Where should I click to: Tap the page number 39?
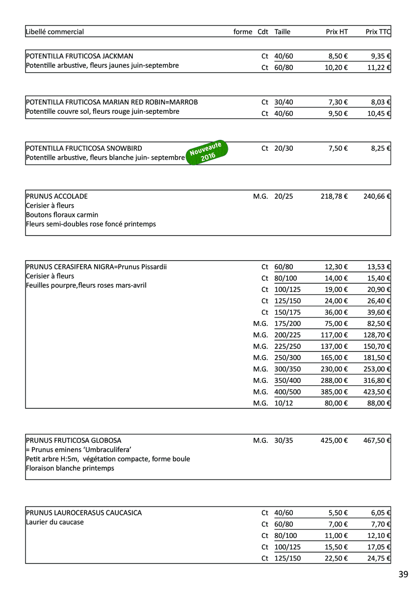[x=403, y=574]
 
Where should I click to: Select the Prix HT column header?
[x=337, y=32]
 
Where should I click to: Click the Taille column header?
[x=283, y=32]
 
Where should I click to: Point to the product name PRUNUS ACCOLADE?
[x=56, y=196]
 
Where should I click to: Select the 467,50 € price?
[x=377, y=441]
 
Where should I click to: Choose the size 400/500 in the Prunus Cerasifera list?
[x=288, y=392]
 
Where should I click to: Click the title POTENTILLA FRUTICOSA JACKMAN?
[x=79, y=56]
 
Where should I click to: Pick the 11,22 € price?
[x=379, y=68]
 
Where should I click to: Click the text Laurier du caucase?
[x=54, y=522]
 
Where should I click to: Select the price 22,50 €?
[x=336, y=559]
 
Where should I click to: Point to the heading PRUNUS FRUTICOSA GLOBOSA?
[x=74, y=441]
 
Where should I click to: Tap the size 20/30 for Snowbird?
[x=284, y=148]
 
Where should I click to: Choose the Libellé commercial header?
[x=55, y=32]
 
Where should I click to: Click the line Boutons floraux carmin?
[x=62, y=215]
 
